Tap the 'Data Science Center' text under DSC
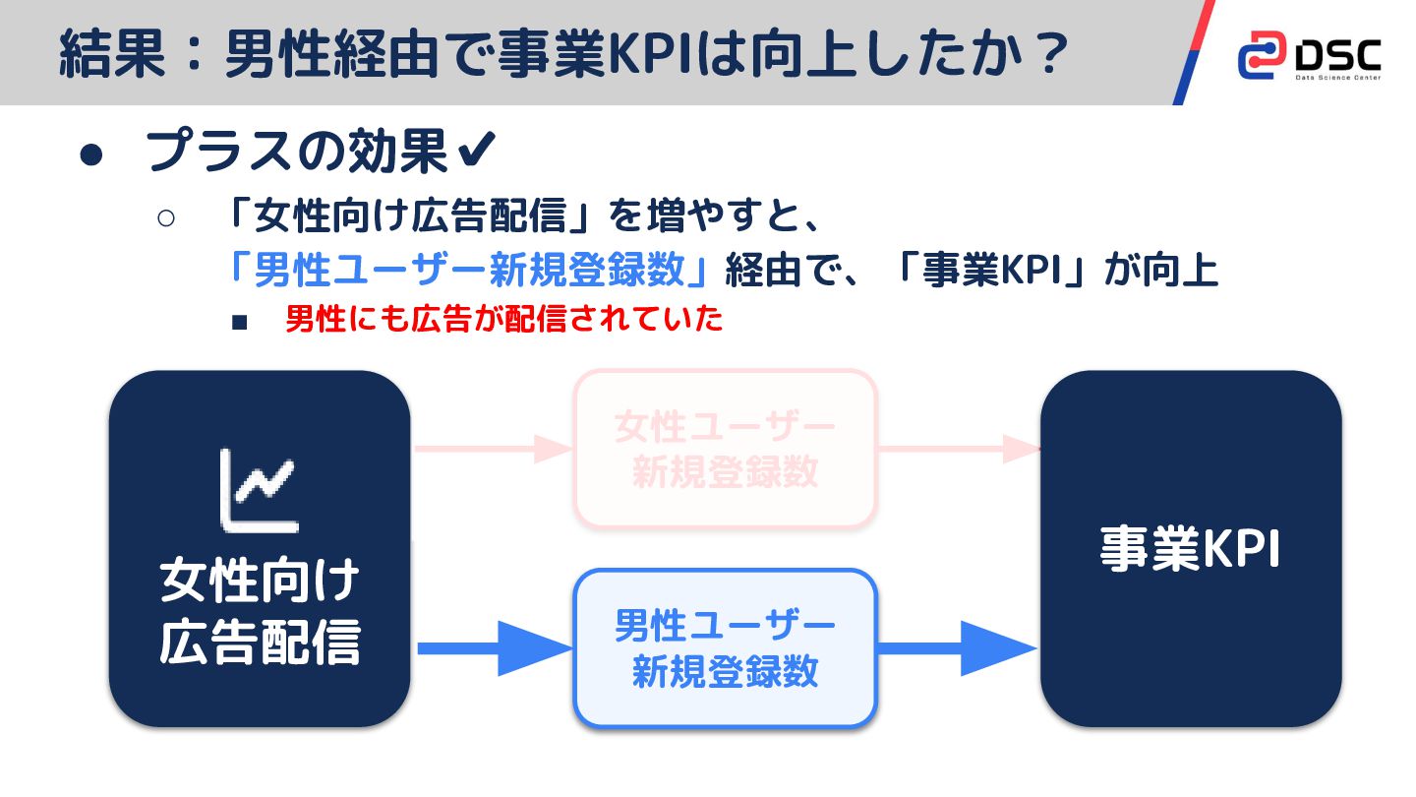pos(1337,78)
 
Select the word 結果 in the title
pos(111,54)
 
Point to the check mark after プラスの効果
pos(477,152)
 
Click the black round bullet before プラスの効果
pos(91,155)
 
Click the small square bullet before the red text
pos(239,323)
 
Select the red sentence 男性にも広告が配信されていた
pos(503,319)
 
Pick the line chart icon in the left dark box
pos(258,489)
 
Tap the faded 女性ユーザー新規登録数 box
pos(725,449)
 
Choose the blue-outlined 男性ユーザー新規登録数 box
pos(725,648)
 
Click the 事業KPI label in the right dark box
pos(1191,550)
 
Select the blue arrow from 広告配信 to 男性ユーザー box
pos(494,648)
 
